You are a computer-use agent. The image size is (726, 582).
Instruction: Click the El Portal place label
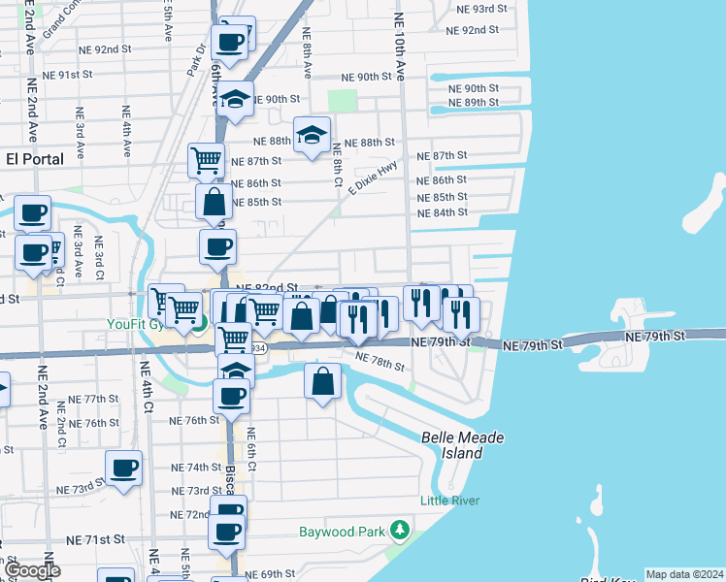pos(35,159)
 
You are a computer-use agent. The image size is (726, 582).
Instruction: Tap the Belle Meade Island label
pos(463,445)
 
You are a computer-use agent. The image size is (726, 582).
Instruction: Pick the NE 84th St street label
pos(442,212)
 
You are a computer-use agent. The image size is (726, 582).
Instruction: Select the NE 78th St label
pos(379,363)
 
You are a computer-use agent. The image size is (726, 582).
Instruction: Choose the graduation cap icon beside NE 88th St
pos(312,135)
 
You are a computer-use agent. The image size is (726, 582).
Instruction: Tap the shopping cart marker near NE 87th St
pos(206,160)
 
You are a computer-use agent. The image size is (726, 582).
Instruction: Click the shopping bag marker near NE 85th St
pos(214,203)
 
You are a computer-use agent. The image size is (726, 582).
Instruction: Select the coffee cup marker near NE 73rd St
pos(123,468)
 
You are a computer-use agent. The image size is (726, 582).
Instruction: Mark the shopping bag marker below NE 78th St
pos(322,380)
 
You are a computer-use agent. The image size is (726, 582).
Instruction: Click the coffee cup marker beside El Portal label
pos(32,212)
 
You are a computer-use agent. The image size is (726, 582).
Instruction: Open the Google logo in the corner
pos(32,571)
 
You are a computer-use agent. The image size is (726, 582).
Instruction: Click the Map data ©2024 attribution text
pos(683,574)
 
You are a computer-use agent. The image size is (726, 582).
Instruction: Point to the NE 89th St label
pos(475,103)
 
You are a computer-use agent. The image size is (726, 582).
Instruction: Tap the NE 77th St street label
pos(93,400)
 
